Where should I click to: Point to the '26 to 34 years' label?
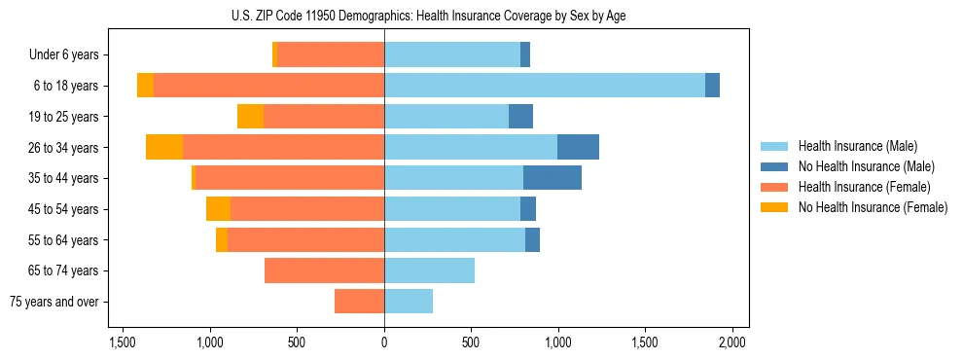point(65,148)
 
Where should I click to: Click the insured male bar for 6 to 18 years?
point(545,86)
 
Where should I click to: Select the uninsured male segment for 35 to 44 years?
point(552,178)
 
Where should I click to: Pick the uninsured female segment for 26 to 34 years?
point(164,147)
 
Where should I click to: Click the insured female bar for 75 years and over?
point(359,302)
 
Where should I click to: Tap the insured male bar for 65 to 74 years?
point(429,270)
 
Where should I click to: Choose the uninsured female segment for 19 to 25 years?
point(250,117)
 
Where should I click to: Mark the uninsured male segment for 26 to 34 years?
point(578,147)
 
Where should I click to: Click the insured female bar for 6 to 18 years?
point(268,86)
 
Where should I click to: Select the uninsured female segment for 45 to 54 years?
point(218,209)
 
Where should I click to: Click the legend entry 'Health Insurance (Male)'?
point(857,146)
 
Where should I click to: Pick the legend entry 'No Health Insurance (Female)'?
point(873,207)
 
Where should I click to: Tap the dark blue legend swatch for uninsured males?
point(774,166)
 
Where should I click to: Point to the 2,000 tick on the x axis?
point(731,342)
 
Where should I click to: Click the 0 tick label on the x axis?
point(384,342)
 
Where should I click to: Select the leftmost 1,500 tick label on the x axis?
point(123,342)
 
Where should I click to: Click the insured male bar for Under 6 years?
point(452,55)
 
